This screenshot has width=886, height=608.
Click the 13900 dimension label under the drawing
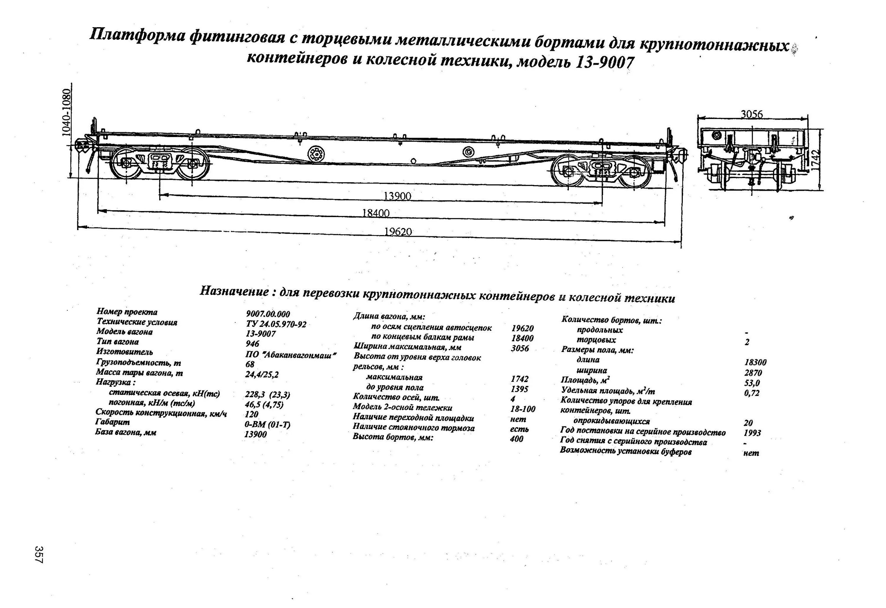tap(397, 196)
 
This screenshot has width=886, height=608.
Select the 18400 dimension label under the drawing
tap(376, 213)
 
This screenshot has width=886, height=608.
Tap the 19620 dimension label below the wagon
tap(398, 232)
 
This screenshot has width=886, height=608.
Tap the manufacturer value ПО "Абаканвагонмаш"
tap(291, 355)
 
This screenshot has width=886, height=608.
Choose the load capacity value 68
tap(250, 364)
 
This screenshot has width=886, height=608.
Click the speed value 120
tap(252, 414)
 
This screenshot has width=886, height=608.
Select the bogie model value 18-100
tap(522, 409)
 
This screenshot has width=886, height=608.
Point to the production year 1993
tap(752, 433)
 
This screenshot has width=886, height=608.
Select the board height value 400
tap(517, 439)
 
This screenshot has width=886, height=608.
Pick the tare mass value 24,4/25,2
tap(262, 375)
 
